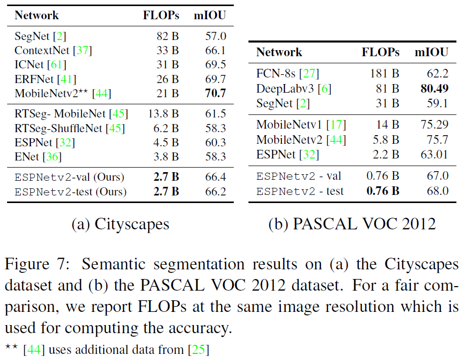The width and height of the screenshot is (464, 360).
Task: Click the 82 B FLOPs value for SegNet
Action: point(168,36)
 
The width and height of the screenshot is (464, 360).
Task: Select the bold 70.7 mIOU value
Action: point(216,93)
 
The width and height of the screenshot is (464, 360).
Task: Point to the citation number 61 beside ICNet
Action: point(56,64)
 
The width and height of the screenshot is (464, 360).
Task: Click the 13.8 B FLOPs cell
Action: point(163,114)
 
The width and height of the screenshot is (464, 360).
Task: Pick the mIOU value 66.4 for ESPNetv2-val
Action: point(216,177)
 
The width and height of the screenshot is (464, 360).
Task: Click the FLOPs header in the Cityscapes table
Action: point(161,15)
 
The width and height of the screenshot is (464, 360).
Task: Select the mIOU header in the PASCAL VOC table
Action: point(432,52)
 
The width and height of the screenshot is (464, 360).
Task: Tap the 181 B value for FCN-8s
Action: point(385,73)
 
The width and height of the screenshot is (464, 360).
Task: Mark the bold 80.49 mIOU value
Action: point(435,89)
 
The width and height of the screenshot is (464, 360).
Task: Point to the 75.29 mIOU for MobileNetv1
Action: point(435,125)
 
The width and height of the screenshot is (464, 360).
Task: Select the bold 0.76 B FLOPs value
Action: point(383,191)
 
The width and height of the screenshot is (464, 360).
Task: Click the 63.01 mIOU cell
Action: point(435,154)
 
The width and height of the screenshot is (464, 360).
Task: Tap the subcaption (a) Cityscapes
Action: point(120,224)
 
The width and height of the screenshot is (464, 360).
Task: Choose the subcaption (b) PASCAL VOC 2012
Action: point(352,224)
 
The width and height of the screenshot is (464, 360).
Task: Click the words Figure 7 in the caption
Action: point(37,264)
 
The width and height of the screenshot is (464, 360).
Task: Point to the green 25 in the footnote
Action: point(198,350)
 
